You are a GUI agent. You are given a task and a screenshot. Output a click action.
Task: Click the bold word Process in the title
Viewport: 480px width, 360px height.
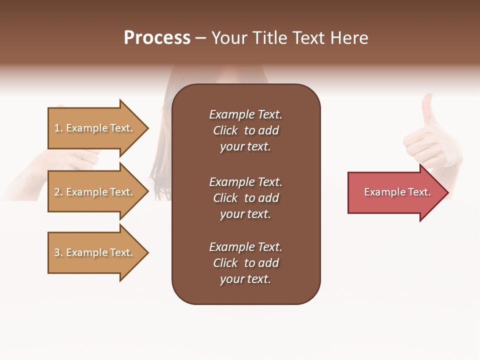pos(157,38)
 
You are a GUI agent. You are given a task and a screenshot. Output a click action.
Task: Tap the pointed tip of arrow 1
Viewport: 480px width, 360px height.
pos(147,128)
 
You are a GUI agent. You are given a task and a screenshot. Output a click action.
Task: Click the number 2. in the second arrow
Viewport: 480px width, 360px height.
pos(58,192)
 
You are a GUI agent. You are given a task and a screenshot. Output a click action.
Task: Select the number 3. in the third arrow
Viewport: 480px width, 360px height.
pos(58,252)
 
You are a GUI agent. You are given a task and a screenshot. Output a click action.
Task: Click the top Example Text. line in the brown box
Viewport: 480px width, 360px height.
pos(245,114)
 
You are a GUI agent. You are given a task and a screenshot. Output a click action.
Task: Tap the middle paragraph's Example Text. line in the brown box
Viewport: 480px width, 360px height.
pos(245,182)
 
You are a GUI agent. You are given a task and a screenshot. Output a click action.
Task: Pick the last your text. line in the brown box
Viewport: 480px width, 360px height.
pos(245,279)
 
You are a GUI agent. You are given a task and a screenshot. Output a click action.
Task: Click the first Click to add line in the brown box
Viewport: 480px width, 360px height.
pos(245,130)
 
